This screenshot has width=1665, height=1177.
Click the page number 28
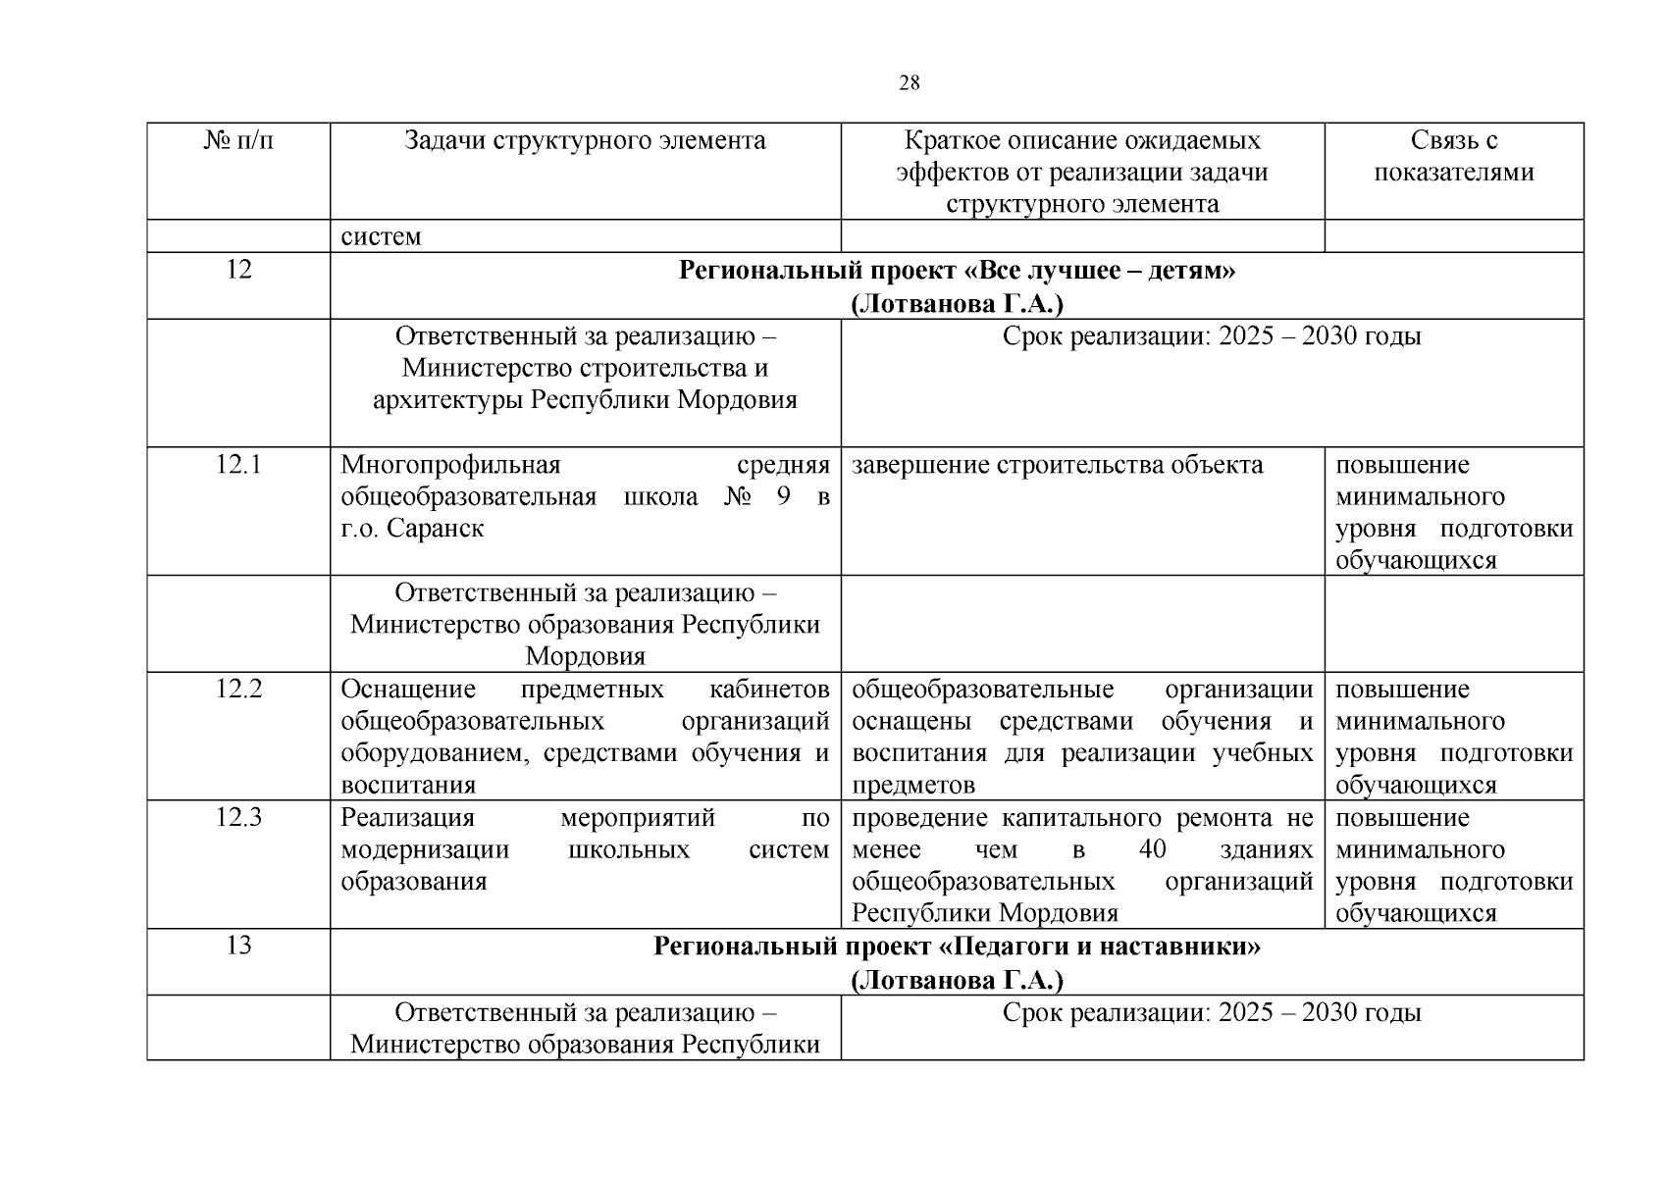(x=910, y=83)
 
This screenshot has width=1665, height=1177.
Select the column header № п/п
(x=238, y=141)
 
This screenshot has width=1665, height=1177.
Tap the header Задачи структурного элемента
(x=585, y=141)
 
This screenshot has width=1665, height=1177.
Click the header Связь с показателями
(x=1453, y=157)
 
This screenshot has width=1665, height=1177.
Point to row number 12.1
(x=238, y=465)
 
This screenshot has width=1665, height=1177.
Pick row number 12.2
(x=238, y=690)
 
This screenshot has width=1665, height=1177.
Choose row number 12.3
(x=238, y=818)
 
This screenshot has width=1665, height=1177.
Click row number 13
(x=238, y=946)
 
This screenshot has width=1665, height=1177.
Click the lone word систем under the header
(x=381, y=236)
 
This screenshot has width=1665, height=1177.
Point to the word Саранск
(x=435, y=529)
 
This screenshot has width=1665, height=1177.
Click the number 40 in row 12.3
(x=1153, y=849)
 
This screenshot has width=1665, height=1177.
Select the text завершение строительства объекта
(x=1057, y=465)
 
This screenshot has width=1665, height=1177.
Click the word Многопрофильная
(x=450, y=465)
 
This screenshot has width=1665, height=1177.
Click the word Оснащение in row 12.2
(x=408, y=690)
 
